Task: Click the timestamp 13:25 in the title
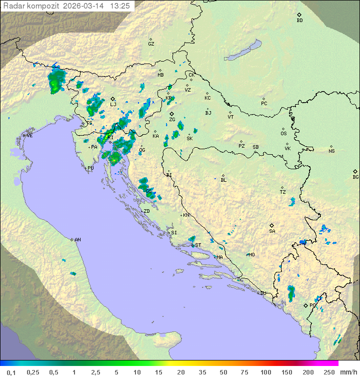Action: [120, 6]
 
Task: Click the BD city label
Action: [299, 21]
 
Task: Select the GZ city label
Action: [151, 44]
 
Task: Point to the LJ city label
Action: [113, 104]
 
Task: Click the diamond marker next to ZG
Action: [171, 114]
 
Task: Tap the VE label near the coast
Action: [29, 136]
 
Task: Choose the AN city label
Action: [77, 240]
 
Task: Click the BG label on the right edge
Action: [355, 177]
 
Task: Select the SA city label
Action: [272, 231]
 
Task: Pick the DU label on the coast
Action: [262, 293]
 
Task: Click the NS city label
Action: [331, 151]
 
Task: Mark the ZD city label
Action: [146, 211]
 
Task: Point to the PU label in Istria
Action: [90, 168]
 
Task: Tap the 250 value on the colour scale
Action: [328, 372]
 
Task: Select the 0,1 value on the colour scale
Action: [11, 372]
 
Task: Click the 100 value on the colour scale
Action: [265, 372]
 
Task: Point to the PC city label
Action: [264, 104]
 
